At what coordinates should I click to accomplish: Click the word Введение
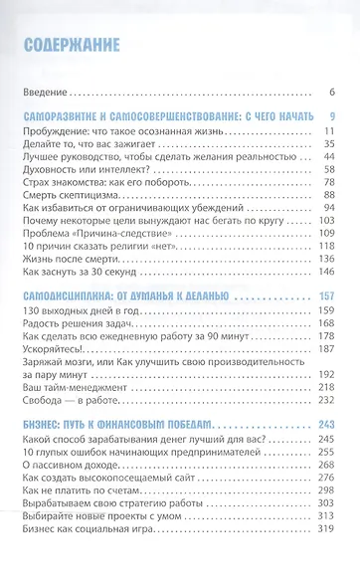[44, 93]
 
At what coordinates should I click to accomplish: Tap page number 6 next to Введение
[332, 93]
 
